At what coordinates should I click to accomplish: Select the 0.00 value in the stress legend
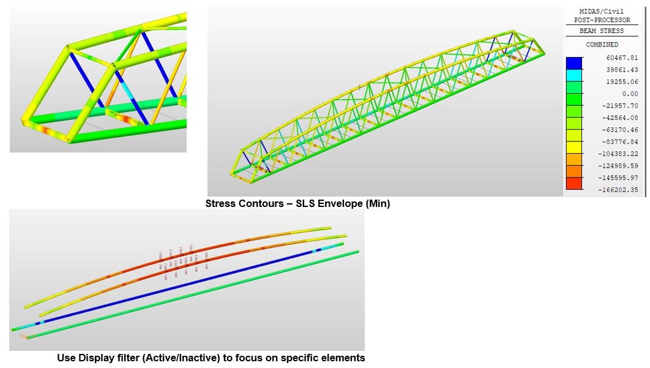coord(613,94)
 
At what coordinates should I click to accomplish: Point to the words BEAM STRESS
coord(602,30)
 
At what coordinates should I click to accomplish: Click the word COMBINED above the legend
coord(602,45)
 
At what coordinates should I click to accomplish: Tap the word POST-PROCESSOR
coord(602,20)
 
